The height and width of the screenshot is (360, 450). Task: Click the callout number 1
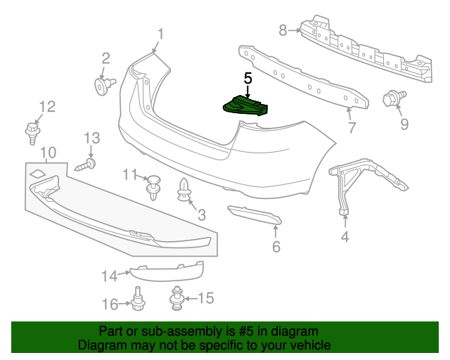160,32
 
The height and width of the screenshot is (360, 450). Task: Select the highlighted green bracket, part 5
245,106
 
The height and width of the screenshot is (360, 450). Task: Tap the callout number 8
283,30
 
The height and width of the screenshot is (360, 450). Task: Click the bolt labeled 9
391,99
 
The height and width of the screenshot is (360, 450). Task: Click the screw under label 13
86,165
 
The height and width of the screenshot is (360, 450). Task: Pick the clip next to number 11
153,186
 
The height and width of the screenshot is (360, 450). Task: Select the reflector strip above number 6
255,216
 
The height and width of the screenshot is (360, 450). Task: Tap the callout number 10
47,152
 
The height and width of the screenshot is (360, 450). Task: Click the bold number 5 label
247,78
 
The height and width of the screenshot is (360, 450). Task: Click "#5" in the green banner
244,331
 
